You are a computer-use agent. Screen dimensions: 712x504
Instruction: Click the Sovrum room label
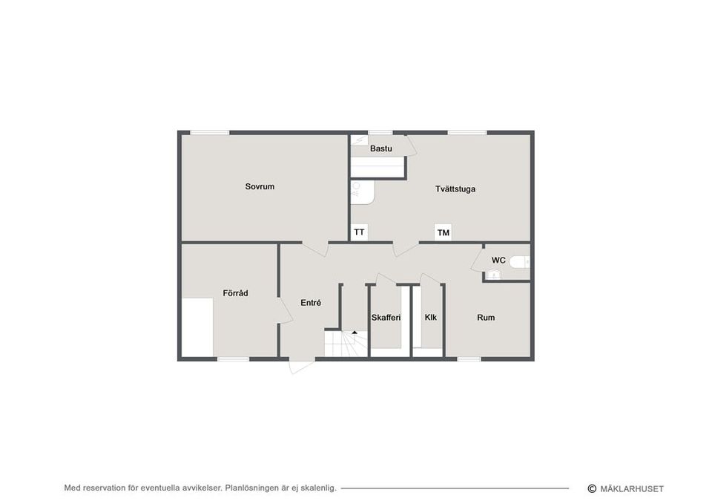click(x=260, y=186)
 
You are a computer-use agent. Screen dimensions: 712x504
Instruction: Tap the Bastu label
click(x=381, y=148)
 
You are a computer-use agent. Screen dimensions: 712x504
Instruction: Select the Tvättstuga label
click(x=455, y=189)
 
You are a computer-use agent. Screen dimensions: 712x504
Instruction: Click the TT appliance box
click(x=359, y=232)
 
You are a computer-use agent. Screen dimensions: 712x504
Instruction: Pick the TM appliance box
click(x=444, y=232)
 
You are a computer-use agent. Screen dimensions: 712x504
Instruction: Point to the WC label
click(x=498, y=261)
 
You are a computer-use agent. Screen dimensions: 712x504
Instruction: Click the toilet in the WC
click(x=519, y=262)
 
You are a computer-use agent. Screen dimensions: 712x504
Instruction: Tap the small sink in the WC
click(x=494, y=275)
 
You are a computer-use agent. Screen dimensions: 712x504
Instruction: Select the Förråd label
click(x=235, y=293)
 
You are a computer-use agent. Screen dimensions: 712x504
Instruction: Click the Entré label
click(x=311, y=303)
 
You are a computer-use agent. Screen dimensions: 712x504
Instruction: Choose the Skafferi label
click(x=386, y=318)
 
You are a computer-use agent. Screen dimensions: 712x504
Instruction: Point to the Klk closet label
click(x=430, y=317)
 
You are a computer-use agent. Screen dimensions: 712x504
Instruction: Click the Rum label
click(x=486, y=318)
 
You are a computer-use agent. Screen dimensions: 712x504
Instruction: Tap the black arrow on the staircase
click(x=355, y=333)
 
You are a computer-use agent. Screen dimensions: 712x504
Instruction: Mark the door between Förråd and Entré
click(x=285, y=310)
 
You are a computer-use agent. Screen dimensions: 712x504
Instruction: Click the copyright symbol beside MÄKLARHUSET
click(x=592, y=488)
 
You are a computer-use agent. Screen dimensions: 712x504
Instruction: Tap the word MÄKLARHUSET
click(x=632, y=489)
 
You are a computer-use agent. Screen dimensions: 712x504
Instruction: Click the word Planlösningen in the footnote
click(x=252, y=488)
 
